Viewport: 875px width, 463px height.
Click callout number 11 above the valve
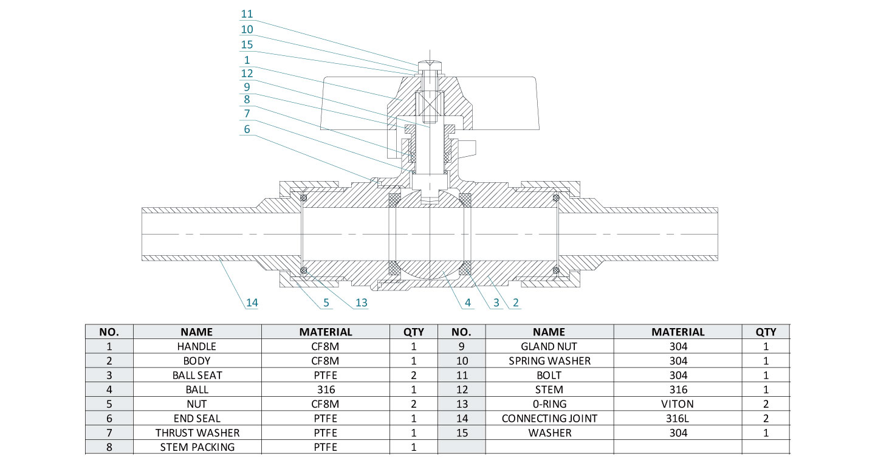coord(247,14)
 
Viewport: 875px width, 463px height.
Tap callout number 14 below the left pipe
coord(252,302)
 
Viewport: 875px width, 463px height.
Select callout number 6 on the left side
coord(247,129)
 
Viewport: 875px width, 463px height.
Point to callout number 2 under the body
coord(515,302)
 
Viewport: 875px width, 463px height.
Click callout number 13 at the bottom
coord(362,302)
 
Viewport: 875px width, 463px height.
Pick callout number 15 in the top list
coord(247,45)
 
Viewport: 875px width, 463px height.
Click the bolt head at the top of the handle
coord(430,63)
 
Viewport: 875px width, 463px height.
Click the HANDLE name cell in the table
coord(197,346)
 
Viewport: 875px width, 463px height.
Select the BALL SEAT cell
coord(197,376)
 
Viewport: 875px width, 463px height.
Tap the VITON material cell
coord(678,404)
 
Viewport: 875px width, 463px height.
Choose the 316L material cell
coord(678,419)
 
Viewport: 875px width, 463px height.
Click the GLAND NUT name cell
coord(549,346)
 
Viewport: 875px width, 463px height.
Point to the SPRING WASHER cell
coord(549,361)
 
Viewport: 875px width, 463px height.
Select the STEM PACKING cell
coord(197,447)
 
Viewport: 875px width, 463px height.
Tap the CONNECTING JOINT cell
coord(549,419)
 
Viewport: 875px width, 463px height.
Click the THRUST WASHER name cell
coord(197,433)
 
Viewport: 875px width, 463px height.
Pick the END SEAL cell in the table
coord(197,419)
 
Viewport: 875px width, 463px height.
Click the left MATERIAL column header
coord(325,332)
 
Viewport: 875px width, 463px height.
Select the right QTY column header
coord(766,332)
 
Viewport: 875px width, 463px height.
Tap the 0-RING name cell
coord(549,404)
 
